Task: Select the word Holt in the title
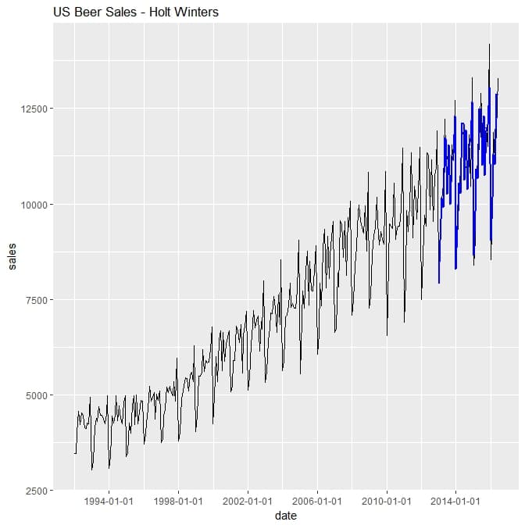(160, 12)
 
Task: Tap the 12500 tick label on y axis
(34, 109)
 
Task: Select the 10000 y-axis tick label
(34, 204)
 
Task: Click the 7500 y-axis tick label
(36, 300)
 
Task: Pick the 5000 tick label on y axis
(36, 395)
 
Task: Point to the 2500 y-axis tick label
(36, 491)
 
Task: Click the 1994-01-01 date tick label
(109, 501)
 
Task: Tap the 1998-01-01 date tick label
(178, 501)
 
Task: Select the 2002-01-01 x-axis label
(248, 501)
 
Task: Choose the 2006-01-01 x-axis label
(317, 501)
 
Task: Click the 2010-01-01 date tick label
(386, 501)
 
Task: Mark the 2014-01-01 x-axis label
(455, 501)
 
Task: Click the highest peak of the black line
(489, 45)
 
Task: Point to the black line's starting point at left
(75, 453)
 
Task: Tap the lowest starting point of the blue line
(439, 283)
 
